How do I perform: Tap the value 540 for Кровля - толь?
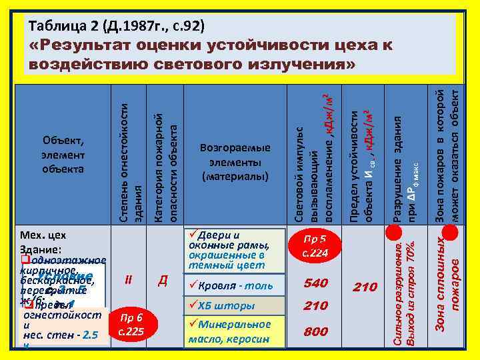tap(315, 284)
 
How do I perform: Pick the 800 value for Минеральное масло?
tap(315, 331)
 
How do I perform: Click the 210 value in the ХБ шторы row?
tap(315, 306)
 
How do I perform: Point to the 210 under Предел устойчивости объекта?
tap(365, 287)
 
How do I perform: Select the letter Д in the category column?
tap(162, 281)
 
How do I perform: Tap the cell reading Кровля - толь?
tap(231, 285)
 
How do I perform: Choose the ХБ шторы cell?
tap(227, 306)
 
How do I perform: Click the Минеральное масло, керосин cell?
tap(233, 331)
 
